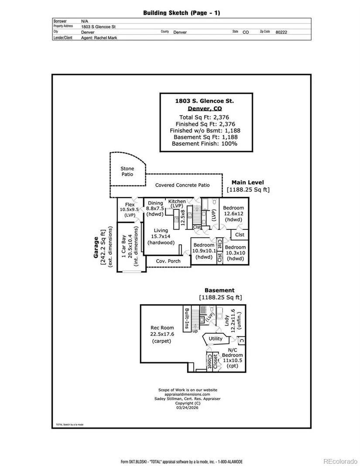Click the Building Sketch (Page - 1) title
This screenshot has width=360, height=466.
(182, 13)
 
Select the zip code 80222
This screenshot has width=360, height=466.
(281, 32)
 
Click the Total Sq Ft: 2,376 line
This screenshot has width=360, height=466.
(204, 117)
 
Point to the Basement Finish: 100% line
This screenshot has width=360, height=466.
(204, 143)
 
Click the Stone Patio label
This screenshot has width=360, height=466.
(127, 171)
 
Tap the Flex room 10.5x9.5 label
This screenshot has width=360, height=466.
(129, 209)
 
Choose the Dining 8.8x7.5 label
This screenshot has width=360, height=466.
(155, 209)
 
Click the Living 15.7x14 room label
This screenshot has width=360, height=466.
(161, 236)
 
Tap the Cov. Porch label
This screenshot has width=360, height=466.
(168, 261)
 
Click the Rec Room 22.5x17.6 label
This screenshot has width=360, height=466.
(162, 334)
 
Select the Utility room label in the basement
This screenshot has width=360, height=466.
(216, 339)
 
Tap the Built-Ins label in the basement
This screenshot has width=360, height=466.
(187, 317)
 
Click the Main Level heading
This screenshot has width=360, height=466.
(248, 183)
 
